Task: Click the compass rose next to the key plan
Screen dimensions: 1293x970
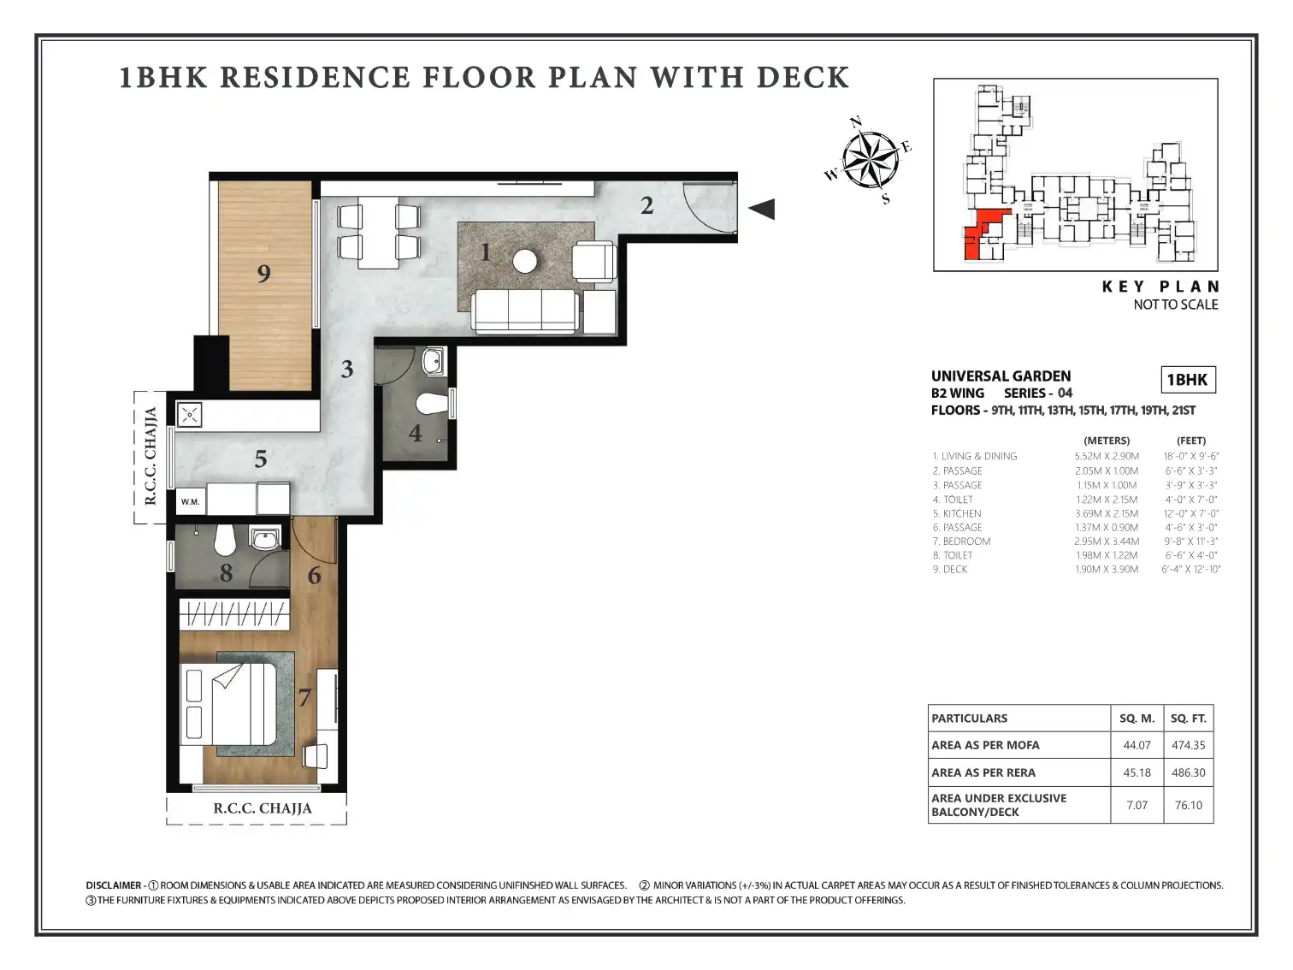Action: (x=870, y=160)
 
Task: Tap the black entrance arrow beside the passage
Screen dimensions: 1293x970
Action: (x=762, y=209)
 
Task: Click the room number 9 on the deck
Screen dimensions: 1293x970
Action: (x=264, y=273)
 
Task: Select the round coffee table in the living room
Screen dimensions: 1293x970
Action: (x=524, y=261)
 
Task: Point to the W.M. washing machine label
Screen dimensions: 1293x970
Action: (x=190, y=502)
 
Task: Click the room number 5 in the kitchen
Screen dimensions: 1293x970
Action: (x=260, y=458)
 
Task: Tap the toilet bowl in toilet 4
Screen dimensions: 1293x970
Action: (x=432, y=404)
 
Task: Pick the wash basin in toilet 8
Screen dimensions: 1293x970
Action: (x=264, y=538)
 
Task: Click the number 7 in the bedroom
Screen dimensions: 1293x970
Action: (x=304, y=697)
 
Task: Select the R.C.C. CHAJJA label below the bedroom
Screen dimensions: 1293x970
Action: (x=263, y=808)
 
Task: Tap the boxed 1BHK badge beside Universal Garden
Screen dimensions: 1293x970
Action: (x=1188, y=380)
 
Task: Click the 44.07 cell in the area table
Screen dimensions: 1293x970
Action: (x=1137, y=745)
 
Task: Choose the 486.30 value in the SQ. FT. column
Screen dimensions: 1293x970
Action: (x=1188, y=772)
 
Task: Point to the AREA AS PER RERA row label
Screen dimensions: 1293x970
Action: (x=983, y=772)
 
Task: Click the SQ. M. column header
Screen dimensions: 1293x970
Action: (x=1137, y=718)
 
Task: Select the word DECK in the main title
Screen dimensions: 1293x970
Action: (x=803, y=78)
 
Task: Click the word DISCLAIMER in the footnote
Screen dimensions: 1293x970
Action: (x=113, y=885)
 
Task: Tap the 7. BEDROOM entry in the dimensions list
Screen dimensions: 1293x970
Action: (x=961, y=541)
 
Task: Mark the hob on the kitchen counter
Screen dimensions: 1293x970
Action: (x=190, y=415)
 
